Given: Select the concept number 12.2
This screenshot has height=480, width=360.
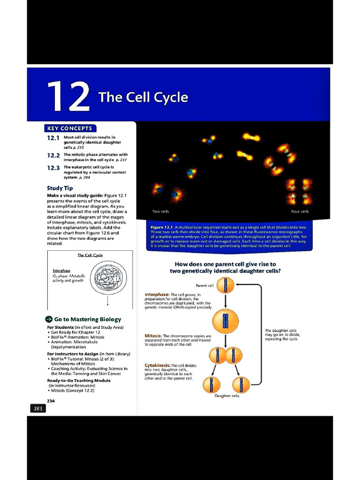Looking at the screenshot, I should pos(53,156).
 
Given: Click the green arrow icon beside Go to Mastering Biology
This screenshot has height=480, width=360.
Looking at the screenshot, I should pos(50,319).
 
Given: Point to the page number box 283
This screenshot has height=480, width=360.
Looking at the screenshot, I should pos(37,409).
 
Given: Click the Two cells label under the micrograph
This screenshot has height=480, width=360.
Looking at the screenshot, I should pos(161,212).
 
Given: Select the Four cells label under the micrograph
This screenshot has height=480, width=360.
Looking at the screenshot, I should pos(300,212).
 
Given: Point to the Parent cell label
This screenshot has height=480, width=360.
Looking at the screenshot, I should pos(204,285).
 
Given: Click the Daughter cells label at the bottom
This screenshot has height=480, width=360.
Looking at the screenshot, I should pos(227,396).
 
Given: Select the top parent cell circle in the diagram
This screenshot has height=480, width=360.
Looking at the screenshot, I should pos(225,284).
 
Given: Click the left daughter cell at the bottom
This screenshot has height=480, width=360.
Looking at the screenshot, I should pos(211,384).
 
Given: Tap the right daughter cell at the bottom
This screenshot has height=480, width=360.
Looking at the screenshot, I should pos(241,384).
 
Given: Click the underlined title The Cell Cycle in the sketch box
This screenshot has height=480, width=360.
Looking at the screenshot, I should pos(90,255).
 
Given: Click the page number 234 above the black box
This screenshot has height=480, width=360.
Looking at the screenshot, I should pos(51,400).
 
